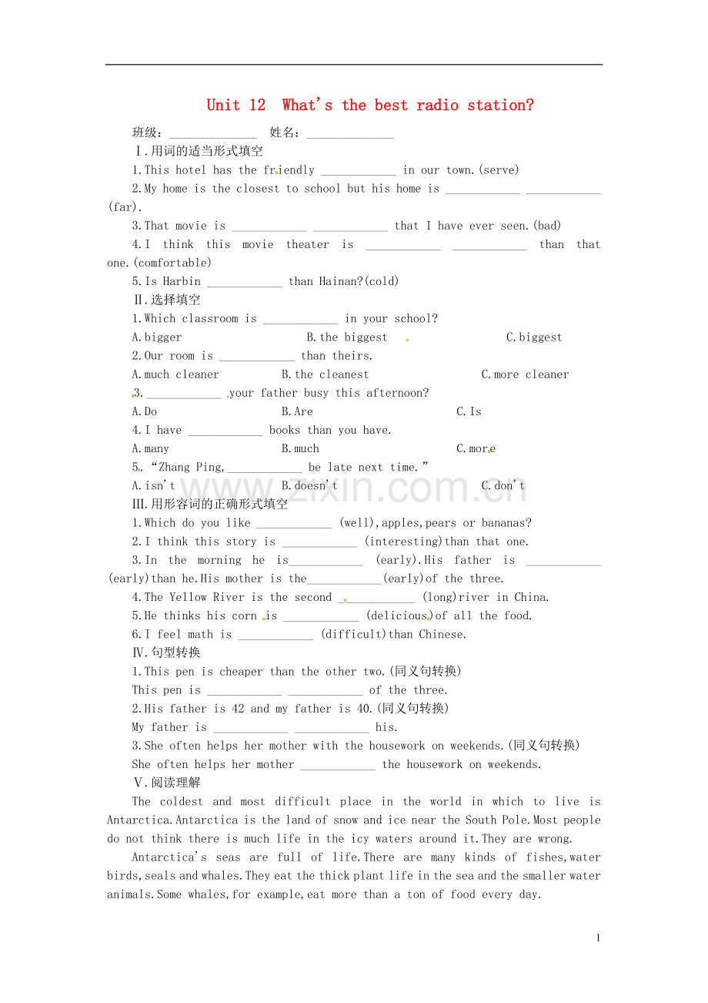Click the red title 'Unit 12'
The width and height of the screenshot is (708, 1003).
(x=236, y=106)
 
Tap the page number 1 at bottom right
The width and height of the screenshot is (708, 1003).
(x=598, y=938)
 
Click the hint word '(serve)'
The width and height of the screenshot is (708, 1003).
(x=499, y=170)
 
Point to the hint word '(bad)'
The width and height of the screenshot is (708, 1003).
(x=547, y=226)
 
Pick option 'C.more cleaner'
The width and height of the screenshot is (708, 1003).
(x=525, y=374)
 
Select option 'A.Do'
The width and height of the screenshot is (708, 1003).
(x=145, y=411)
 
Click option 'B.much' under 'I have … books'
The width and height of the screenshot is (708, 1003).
(x=300, y=448)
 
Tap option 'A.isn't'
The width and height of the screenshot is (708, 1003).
(x=154, y=485)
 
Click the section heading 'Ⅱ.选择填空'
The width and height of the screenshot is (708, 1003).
(x=167, y=300)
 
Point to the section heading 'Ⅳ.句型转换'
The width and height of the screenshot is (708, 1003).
(x=167, y=652)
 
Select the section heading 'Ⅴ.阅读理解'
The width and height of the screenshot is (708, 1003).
(x=167, y=783)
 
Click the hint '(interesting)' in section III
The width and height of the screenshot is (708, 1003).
(x=404, y=542)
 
